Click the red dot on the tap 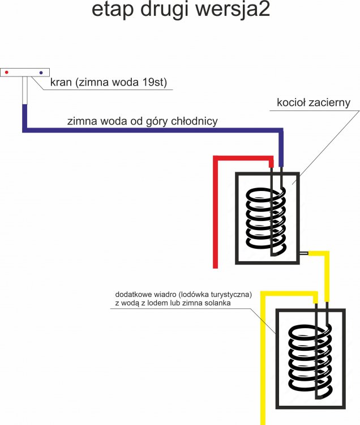tap(7, 73)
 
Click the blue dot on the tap tap(41, 73)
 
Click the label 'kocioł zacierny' tap(314, 103)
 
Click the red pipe tap(216, 215)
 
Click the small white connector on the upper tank tap(303, 253)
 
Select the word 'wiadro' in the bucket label tap(165, 295)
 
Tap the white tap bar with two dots tap(25, 73)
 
